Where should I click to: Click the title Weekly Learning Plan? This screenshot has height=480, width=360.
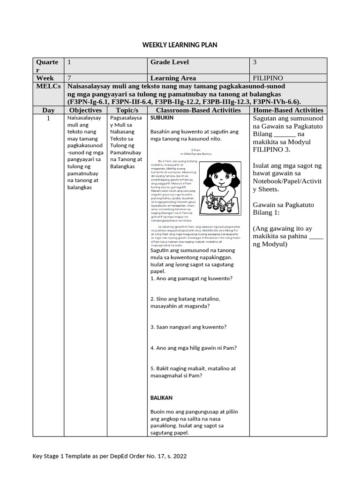coord(180,45)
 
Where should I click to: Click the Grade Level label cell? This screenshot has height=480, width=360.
coord(170,62)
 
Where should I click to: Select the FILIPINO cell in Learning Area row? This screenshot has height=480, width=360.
coord(268,78)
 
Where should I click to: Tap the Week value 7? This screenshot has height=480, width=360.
coord(70,78)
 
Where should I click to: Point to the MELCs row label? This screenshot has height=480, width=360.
coord(48,87)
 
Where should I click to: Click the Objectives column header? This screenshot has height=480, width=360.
coord(85,110)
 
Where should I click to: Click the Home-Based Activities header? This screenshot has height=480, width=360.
coord(288,110)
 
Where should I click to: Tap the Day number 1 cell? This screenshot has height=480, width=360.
coord(48,119)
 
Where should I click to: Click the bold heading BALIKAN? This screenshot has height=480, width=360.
coord(162,397)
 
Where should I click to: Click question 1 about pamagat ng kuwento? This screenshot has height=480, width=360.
coord(192,278)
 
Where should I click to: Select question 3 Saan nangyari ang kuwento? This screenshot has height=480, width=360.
coord(188,327)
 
